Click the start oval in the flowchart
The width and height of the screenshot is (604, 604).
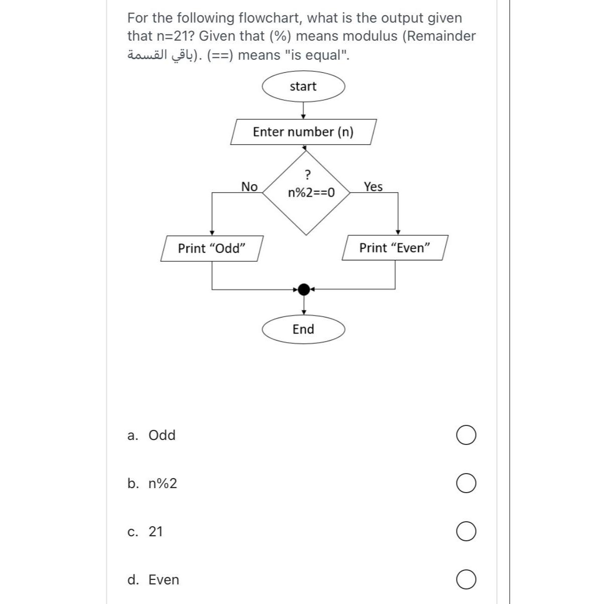coord(303,86)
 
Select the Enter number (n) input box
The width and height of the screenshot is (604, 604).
coord(303,132)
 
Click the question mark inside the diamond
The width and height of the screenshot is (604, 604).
coord(308,175)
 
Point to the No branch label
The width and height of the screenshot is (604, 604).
coord(249,187)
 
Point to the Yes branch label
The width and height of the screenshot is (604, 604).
coord(373,187)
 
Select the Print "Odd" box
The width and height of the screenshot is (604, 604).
coord(212,248)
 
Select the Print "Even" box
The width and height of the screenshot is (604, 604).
coord(395,248)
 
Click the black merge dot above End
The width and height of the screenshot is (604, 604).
coord(304,289)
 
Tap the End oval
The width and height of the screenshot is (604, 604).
coord(303,329)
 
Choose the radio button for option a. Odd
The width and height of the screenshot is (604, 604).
coord(466,435)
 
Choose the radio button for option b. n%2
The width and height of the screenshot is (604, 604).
coord(466,484)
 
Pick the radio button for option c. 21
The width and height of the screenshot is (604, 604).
coord(466,532)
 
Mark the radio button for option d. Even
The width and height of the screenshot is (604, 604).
coord(466,580)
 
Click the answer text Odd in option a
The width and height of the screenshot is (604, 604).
coord(162,435)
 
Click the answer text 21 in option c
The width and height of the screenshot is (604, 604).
coord(156,531)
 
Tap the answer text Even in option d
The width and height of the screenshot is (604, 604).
coord(164,580)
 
